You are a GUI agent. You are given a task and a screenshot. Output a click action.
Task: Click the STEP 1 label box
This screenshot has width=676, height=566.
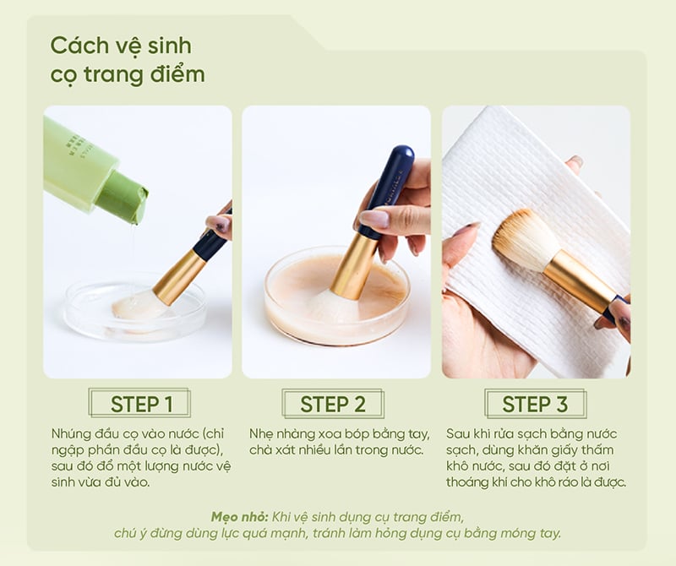[x=139, y=403]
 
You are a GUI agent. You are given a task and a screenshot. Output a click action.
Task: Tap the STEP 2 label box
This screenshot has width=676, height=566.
[x=333, y=404]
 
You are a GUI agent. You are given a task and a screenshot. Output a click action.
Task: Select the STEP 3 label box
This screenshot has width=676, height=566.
[x=535, y=404]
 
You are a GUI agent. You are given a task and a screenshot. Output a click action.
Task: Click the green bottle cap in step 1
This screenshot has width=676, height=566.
[x=123, y=196]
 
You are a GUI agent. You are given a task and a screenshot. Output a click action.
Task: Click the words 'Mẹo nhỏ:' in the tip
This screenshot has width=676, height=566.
[x=240, y=517]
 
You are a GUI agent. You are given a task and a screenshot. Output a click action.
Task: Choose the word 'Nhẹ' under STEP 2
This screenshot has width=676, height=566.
[x=261, y=434]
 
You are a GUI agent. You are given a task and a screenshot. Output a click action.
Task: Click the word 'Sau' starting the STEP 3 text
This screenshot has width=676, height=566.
[x=458, y=433]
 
